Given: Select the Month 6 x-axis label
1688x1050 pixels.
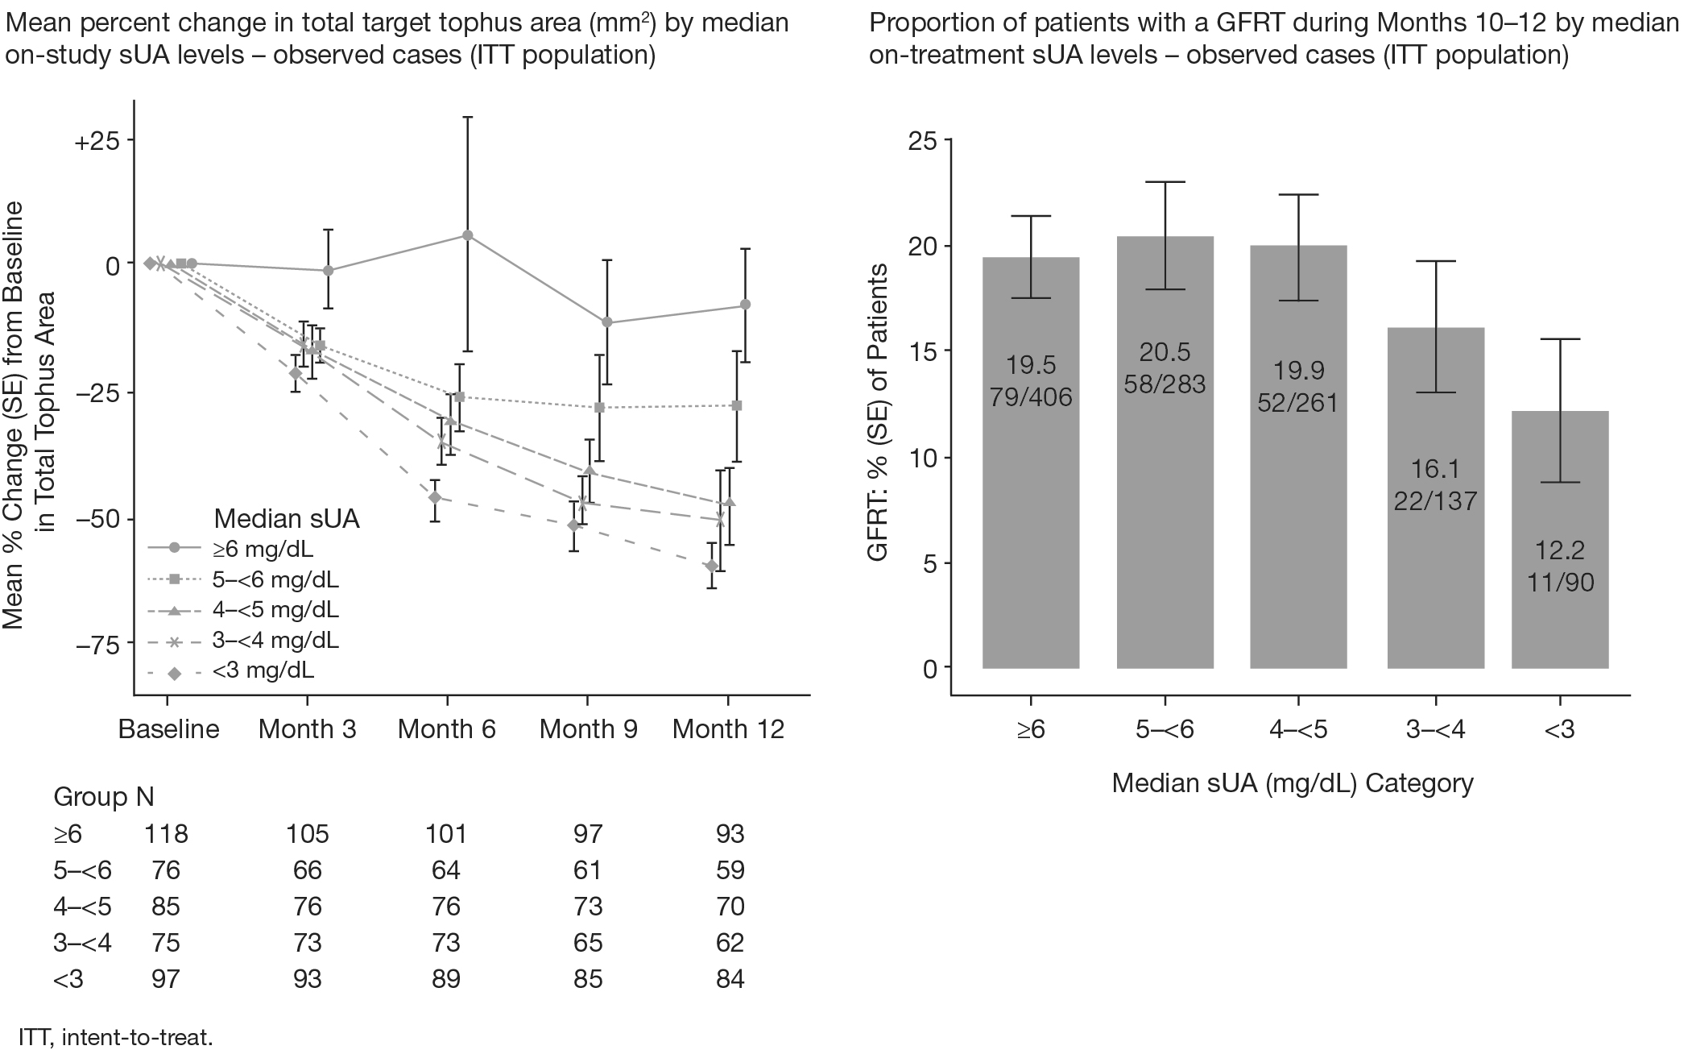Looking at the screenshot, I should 447,729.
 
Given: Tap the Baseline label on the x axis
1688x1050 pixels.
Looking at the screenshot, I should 168,729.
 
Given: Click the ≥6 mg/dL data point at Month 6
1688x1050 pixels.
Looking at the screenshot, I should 467,235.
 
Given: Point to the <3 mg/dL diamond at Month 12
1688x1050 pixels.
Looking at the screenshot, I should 711,566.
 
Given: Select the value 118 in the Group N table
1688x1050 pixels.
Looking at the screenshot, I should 166,833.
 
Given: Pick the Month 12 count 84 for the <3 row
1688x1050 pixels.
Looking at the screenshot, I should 730,978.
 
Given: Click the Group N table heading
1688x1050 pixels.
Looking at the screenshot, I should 103,797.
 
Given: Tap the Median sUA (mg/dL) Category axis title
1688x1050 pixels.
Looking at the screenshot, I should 1292,782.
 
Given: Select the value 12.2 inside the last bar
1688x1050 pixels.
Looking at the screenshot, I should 1560,550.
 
